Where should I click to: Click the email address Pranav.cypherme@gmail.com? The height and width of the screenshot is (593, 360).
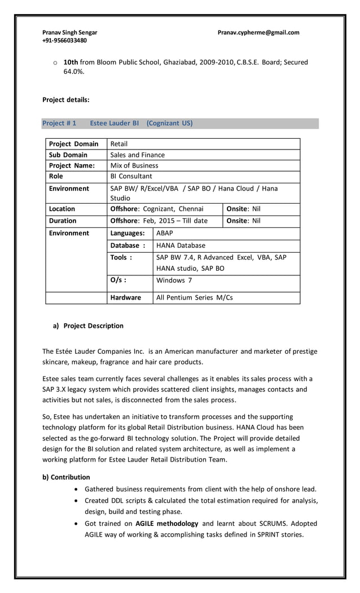[x=258, y=33]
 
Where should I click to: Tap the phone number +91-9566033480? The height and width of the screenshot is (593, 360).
[x=64, y=41]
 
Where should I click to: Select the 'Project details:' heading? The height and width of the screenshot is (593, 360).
[x=66, y=100]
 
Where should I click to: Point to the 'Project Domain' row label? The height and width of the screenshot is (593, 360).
[x=73, y=144]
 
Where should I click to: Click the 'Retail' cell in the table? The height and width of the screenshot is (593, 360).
[x=119, y=144]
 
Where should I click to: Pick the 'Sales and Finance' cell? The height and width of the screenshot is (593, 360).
[x=138, y=155]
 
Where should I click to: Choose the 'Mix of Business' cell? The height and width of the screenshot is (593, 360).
[x=134, y=165]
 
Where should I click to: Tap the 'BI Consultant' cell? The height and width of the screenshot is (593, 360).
[x=131, y=176]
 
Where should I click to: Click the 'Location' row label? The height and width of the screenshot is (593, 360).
[x=62, y=209]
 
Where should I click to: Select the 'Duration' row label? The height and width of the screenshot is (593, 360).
[x=63, y=221]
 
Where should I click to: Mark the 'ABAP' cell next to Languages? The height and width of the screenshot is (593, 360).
[x=165, y=233]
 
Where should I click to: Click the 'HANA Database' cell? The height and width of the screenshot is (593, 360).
[x=181, y=245]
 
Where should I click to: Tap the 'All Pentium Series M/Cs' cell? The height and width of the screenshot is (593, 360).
[x=194, y=297]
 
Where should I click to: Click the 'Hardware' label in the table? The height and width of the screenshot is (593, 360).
[x=126, y=297]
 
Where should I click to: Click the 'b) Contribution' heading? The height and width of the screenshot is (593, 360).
[x=66, y=477]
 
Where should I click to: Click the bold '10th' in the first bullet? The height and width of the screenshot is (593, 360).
[x=71, y=62]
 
